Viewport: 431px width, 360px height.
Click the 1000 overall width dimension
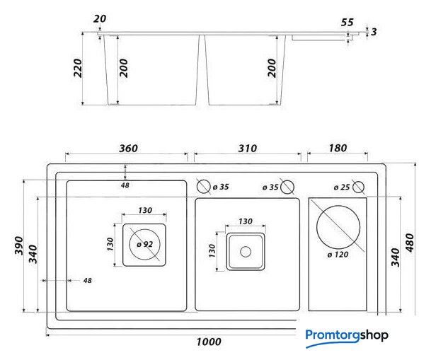[209, 342]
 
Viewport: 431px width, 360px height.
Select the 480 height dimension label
[410, 243]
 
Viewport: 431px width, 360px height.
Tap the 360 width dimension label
[128, 149]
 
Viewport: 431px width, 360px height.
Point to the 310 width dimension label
[248, 149]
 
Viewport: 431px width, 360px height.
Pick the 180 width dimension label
[338, 149]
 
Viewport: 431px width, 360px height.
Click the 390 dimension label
[19, 245]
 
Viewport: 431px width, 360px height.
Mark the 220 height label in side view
[78, 68]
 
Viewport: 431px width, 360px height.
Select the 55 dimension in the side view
[347, 23]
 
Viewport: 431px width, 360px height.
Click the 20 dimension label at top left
[100, 19]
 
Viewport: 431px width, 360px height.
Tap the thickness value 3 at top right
[374, 32]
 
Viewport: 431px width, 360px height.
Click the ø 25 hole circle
[358, 187]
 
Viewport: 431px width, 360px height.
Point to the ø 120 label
[338, 255]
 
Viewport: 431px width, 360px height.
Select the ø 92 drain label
[144, 244]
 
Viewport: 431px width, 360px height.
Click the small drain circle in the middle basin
[246, 252]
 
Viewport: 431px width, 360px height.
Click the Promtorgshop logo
[347, 337]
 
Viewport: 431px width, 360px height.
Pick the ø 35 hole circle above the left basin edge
[204, 187]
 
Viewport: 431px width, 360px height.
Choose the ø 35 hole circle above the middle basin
[287, 187]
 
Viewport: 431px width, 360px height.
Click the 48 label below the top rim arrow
[125, 185]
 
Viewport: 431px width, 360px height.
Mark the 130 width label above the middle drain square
[246, 221]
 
